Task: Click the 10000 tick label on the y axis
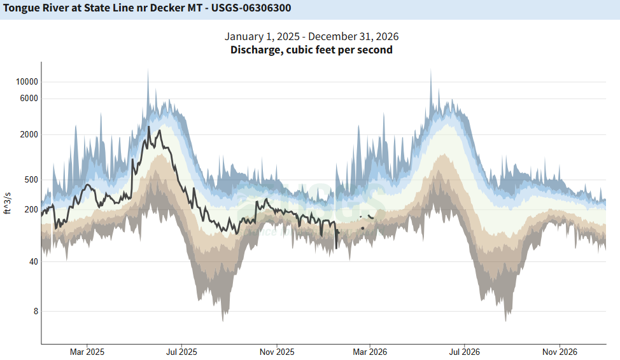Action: click(26, 81)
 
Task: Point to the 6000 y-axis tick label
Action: click(29, 98)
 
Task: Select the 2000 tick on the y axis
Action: click(29, 134)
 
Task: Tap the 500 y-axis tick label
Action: click(31, 179)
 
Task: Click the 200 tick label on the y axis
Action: click(31, 209)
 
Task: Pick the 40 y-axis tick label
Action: click(32, 261)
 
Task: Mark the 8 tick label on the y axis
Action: click(35, 311)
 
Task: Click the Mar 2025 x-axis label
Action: click(87, 352)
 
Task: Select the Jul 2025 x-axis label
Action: click(181, 352)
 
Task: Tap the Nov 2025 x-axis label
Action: click(276, 352)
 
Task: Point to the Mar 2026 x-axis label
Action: click(370, 352)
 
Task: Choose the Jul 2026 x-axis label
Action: click(464, 352)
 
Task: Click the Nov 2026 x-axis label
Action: click(559, 352)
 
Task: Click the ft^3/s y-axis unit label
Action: click(8, 202)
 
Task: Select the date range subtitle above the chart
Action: click(311, 36)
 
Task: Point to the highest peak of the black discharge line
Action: click(148, 127)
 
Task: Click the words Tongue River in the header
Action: click(32, 9)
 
